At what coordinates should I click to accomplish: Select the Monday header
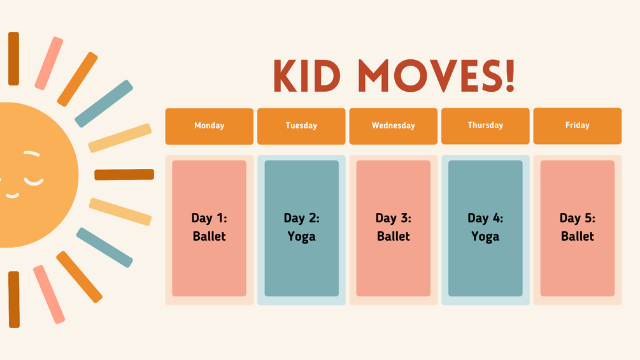[x=209, y=126]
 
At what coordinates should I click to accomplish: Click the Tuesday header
[x=301, y=126]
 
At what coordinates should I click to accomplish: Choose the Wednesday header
[x=393, y=126]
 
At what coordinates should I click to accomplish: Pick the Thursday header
[x=485, y=126]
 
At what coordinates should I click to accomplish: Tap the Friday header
[x=577, y=126]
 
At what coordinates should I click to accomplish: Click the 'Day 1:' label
[x=209, y=218]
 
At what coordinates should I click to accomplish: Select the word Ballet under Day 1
[x=209, y=236]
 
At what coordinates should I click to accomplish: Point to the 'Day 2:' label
[x=301, y=218]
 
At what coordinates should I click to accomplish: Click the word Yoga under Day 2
[x=301, y=237]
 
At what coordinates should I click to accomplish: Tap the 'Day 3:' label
[x=393, y=218]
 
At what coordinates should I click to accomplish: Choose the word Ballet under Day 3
[x=393, y=236]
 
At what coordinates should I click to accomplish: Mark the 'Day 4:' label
[x=485, y=218]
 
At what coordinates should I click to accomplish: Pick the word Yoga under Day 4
[x=485, y=237]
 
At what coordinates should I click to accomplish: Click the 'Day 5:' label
[x=577, y=218]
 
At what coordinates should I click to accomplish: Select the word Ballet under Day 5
[x=577, y=236]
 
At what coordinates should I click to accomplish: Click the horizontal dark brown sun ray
[x=124, y=175]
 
